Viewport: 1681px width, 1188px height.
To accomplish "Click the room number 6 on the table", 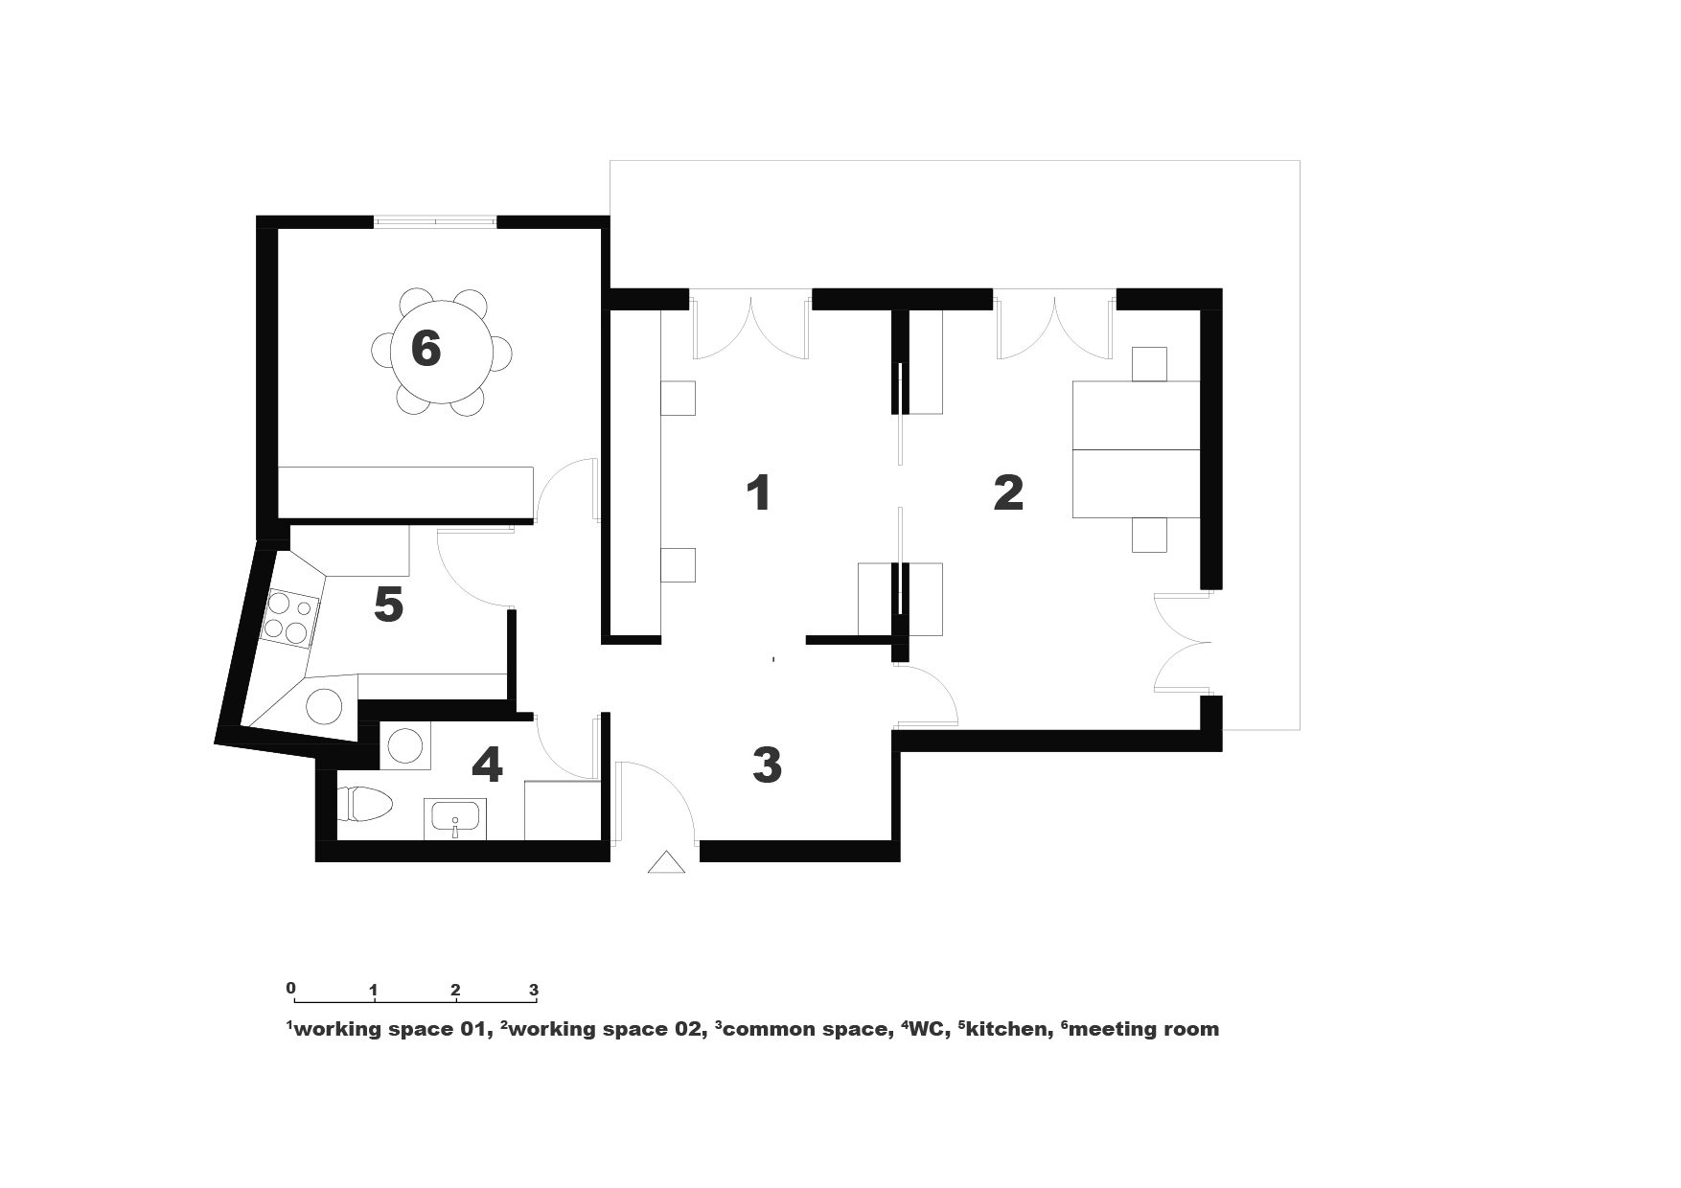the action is [x=426, y=348].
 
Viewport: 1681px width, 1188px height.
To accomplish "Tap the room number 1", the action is [x=758, y=492].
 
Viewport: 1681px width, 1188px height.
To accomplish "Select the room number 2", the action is [x=1008, y=492].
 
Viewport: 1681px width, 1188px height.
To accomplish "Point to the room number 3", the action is [x=767, y=765].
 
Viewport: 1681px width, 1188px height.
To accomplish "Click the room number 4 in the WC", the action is [x=487, y=765].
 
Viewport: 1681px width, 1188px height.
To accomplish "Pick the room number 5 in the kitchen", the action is [x=388, y=605].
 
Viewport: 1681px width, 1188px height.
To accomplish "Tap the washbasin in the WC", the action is [x=455, y=819].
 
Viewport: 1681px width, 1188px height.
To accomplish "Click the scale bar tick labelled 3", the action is [x=535, y=996].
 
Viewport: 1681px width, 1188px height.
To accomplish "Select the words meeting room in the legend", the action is [x=1143, y=1030].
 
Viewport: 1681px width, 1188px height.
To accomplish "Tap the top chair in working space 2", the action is [x=1150, y=364].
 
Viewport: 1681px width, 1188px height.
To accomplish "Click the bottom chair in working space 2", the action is [x=1150, y=535].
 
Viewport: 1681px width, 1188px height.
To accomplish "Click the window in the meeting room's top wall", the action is [x=435, y=222].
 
